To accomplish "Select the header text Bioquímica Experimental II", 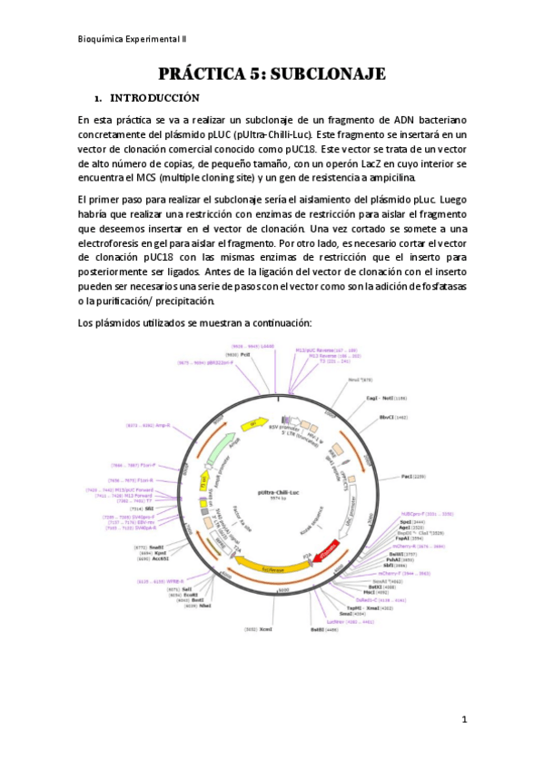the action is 133,39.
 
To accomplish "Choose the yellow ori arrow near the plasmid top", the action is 252,422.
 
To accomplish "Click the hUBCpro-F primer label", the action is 426,514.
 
